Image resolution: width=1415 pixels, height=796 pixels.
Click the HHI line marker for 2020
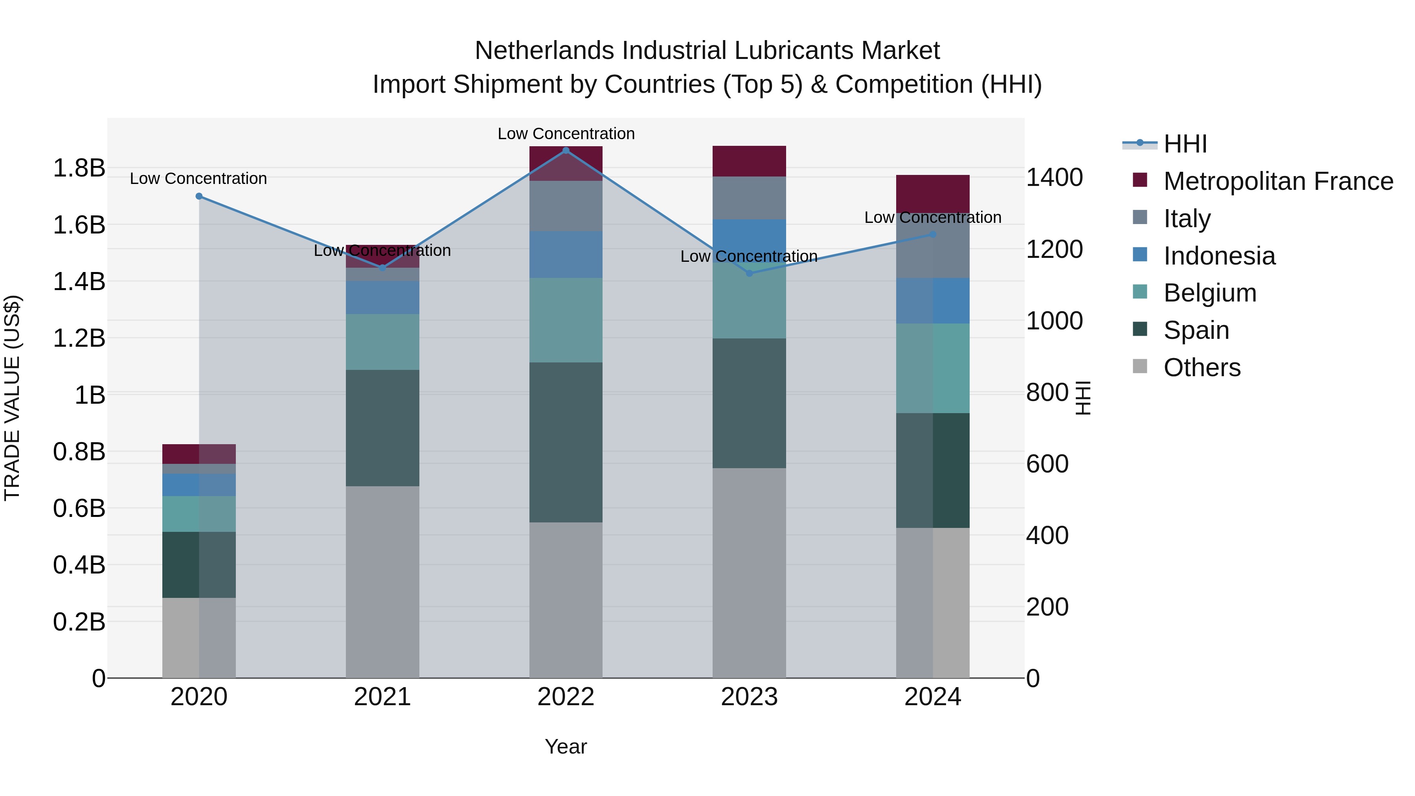tap(199, 196)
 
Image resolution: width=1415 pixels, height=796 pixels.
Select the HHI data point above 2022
tap(566, 151)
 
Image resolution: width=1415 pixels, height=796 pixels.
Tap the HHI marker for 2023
tap(749, 273)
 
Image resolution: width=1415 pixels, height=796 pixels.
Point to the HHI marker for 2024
tap(933, 235)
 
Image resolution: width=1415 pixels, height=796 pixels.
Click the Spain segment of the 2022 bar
tap(566, 442)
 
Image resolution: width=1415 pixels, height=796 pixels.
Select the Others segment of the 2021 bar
tap(382, 582)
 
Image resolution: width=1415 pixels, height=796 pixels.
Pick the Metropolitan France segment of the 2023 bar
tap(749, 161)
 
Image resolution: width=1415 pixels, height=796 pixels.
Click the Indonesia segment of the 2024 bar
tap(933, 300)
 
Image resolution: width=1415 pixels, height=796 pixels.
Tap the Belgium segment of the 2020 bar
tap(199, 514)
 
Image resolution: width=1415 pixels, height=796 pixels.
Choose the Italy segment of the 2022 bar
tap(566, 206)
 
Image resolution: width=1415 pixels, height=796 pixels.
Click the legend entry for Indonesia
tap(1219, 256)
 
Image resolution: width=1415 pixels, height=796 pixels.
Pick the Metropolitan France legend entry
tap(1278, 181)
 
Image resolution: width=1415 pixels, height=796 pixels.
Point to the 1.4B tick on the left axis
tap(79, 282)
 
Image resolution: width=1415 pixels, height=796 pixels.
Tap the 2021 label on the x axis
tap(382, 697)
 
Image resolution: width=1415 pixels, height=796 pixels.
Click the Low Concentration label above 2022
tap(566, 134)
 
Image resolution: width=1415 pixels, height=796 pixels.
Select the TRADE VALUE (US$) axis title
tap(12, 398)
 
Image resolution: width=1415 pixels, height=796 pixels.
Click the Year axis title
tap(566, 746)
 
